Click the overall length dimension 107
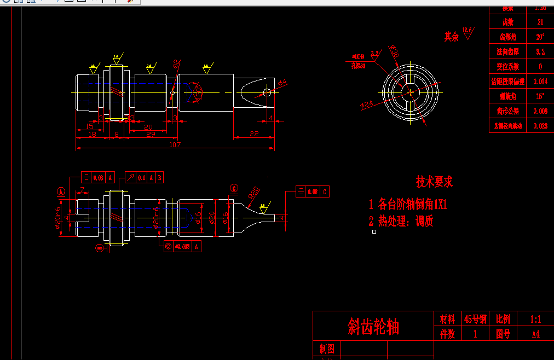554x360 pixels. click(175, 145)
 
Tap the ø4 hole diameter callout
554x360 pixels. click(282, 83)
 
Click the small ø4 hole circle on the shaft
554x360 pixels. click(267, 92)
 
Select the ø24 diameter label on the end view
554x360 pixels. click(366, 103)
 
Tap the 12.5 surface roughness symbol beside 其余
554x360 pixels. click(468, 32)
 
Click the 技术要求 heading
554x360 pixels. click(434, 182)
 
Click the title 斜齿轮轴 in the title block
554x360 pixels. click(373, 327)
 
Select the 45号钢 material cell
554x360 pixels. click(475, 319)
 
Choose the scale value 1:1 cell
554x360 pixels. click(535, 319)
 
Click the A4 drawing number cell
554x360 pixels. click(535, 334)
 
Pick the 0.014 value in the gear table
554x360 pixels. click(540, 82)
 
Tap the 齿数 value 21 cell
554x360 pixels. click(540, 22)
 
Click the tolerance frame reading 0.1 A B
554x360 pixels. click(145, 177)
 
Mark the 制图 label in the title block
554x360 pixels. click(327, 349)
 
